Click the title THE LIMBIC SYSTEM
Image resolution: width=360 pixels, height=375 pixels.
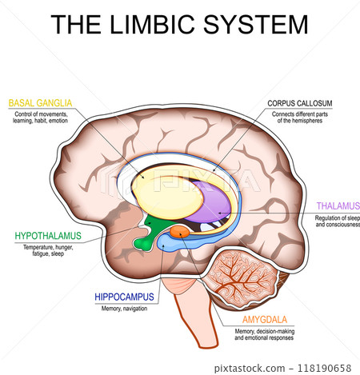tap(179, 24)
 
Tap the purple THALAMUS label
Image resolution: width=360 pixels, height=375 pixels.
tap(338, 205)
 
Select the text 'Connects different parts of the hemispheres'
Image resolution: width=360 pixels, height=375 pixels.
tap(301, 119)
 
